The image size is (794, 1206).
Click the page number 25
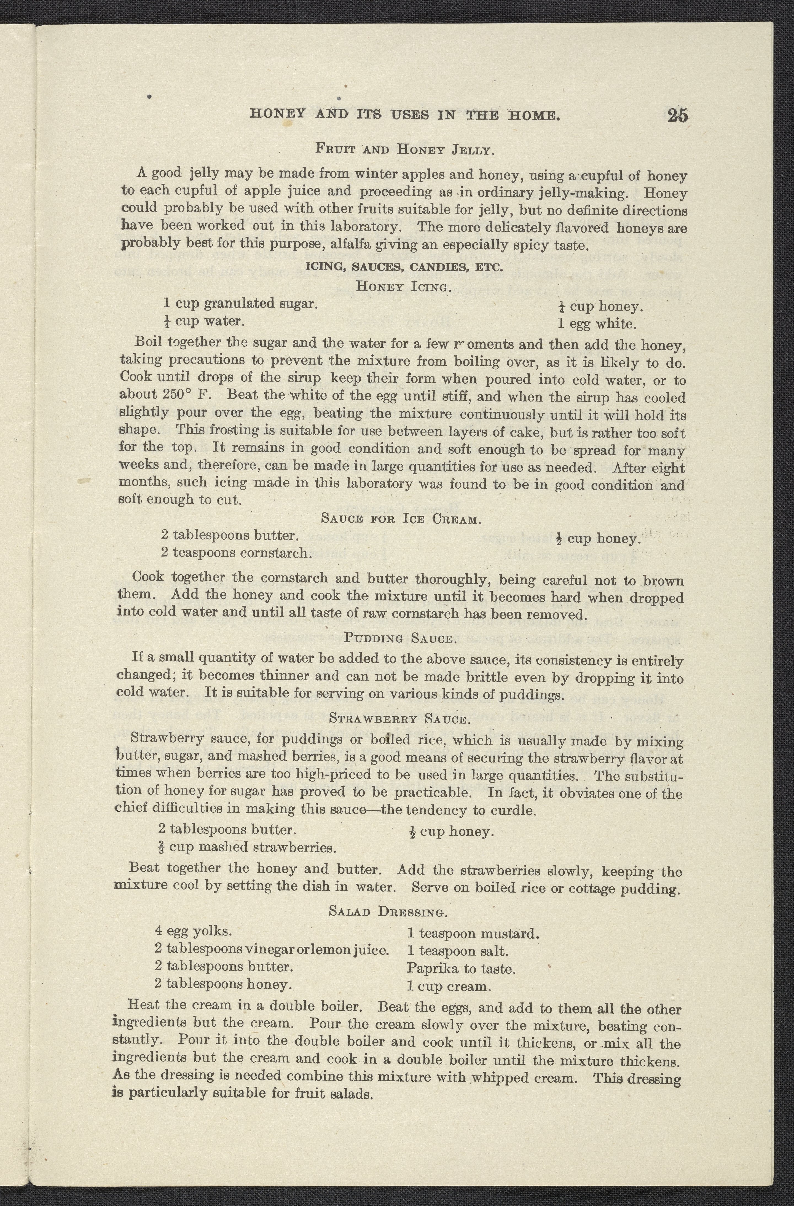click(677, 116)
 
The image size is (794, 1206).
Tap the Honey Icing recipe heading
click(403, 286)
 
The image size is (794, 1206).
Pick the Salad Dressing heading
click(388, 912)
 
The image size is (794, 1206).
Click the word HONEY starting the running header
click(278, 114)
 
